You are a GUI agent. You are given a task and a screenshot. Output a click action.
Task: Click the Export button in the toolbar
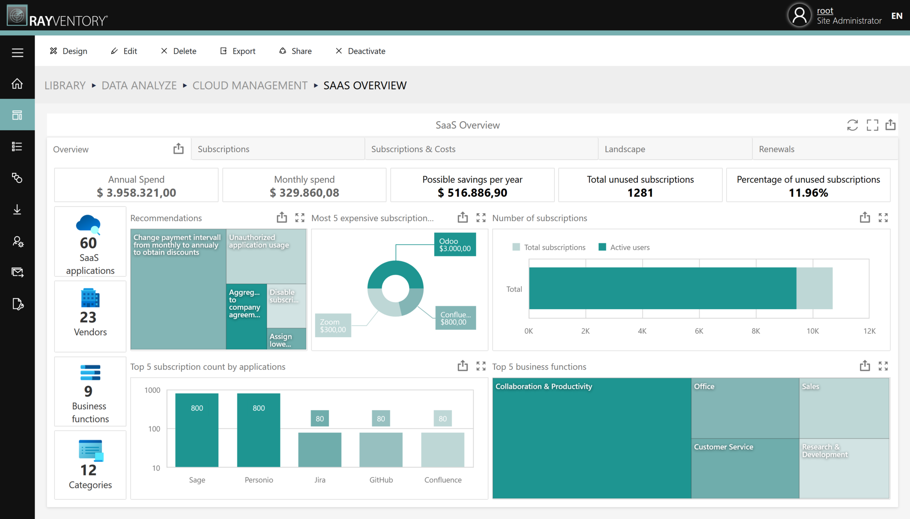238,51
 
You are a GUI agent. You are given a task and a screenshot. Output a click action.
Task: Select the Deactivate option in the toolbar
360,51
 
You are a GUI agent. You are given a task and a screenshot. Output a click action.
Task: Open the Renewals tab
776,149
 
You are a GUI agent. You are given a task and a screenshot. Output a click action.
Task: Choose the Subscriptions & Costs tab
413,149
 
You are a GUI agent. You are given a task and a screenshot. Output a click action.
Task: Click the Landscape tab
625,149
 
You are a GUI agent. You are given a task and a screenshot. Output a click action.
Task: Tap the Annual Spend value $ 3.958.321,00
136,193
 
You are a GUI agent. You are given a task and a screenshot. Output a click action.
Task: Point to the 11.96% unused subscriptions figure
808,193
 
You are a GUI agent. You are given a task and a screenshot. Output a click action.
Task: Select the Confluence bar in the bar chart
443,449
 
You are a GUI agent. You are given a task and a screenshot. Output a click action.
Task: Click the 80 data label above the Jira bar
320,419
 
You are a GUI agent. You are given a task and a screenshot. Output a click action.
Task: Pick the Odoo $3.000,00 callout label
455,245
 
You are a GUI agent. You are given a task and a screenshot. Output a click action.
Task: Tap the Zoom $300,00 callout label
333,326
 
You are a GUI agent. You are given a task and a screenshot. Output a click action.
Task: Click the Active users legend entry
624,247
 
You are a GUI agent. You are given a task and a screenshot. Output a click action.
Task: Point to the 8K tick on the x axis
755,331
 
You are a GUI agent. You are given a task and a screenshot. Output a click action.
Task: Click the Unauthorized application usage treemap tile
266,257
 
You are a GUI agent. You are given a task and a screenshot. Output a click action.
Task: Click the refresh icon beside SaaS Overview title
852,125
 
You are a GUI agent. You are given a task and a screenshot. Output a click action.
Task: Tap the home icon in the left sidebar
17,84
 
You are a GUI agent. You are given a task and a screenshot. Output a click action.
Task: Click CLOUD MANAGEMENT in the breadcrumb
250,86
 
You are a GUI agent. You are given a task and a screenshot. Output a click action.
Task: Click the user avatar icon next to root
799,16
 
